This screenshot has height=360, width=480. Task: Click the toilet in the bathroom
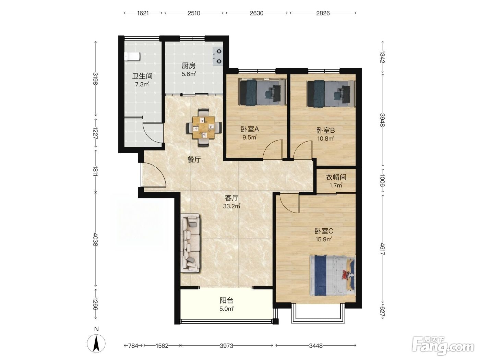click(x=132, y=56)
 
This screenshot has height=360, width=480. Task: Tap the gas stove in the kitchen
click(x=218, y=56)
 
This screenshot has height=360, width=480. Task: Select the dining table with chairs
click(x=204, y=128)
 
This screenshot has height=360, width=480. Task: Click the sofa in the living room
click(x=190, y=243)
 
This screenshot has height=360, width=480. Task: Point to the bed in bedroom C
click(x=333, y=276)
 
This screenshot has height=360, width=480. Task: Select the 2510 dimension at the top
click(x=194, y=13)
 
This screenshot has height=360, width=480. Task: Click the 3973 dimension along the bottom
click(x=226, y=346)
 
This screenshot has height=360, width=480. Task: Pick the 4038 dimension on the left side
click(x=95, y=239)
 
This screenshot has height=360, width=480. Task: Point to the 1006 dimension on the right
click(x=382, y=180)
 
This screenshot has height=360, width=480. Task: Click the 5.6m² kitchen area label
click(x=189, y=74)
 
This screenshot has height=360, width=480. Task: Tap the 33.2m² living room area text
click(x=231, y=206)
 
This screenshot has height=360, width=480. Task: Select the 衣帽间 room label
click(x=336, y=177)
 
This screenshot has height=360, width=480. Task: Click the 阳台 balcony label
click(x=226, y=300)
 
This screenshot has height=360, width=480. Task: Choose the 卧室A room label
click(x=250, y=129)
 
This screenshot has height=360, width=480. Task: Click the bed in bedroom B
click(x=331, y=94)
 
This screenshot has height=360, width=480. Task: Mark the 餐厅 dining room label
click(x=194, y=159)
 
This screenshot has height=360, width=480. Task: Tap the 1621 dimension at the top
click(x=143, y=13)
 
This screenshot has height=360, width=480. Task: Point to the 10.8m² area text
click(x=326, y=139)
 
